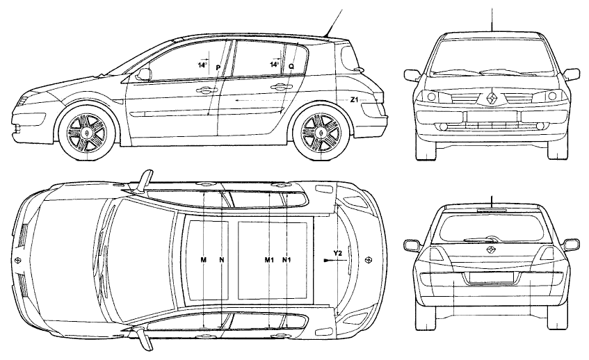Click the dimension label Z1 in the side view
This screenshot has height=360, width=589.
tap(355, 100)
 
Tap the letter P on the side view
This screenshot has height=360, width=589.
tap(218, 67)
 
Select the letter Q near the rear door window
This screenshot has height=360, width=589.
tap(291, 67)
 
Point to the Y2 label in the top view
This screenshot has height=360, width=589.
tap(338, 254)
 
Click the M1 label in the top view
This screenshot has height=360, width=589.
tap(269, 260)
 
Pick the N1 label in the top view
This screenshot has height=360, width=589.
tap(287, 260)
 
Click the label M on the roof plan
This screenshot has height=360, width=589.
tap(203, 260)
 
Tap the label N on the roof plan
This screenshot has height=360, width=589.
tap(222, 260)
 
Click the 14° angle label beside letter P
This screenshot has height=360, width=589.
tap(202, 65)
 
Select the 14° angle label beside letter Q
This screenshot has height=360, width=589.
tap(274, 64)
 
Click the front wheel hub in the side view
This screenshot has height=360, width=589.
tap(86, 133)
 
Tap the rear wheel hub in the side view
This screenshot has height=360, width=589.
tap(321, 133)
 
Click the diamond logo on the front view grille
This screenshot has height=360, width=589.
tap(492, 97)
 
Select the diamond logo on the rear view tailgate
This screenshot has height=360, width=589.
tap(492, 250)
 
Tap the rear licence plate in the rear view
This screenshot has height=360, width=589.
tap(492, 277)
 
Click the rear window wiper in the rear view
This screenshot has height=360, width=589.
tap(482, 239)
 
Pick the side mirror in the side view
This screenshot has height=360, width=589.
tap(144, 74)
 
